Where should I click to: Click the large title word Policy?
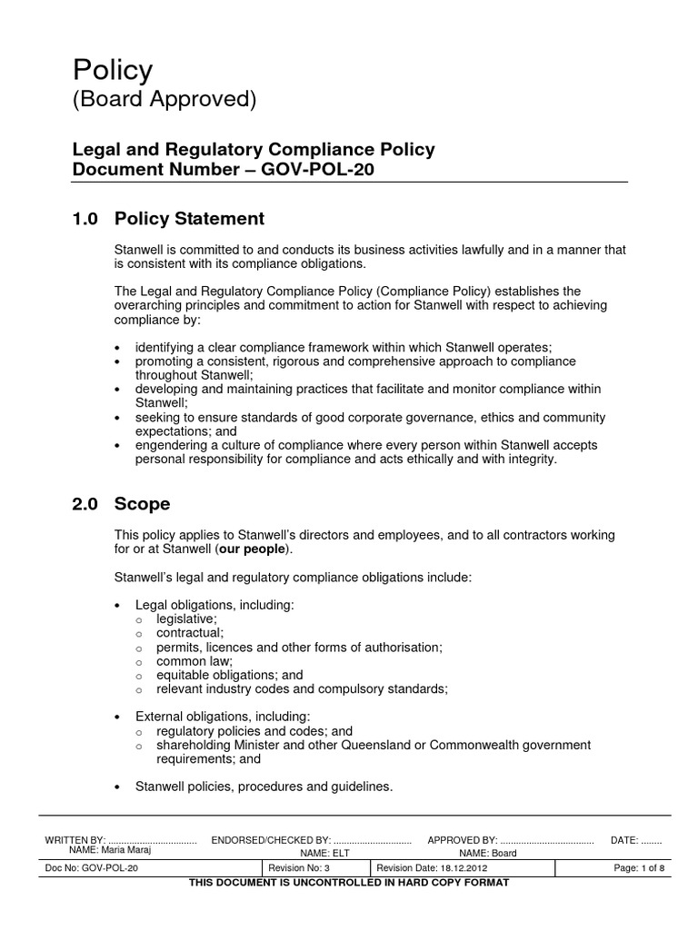click(x=113, y=70)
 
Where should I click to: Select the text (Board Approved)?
click(x=164, y=100)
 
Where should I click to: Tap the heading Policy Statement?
click(x=189, y=219)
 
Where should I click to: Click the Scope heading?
click(x=142, y=503)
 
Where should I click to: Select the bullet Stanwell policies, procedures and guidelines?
click(x=264, y=787)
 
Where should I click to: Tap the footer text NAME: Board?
click(x=487, y=854)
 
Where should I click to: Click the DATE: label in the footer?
click(x=625, y=841)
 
